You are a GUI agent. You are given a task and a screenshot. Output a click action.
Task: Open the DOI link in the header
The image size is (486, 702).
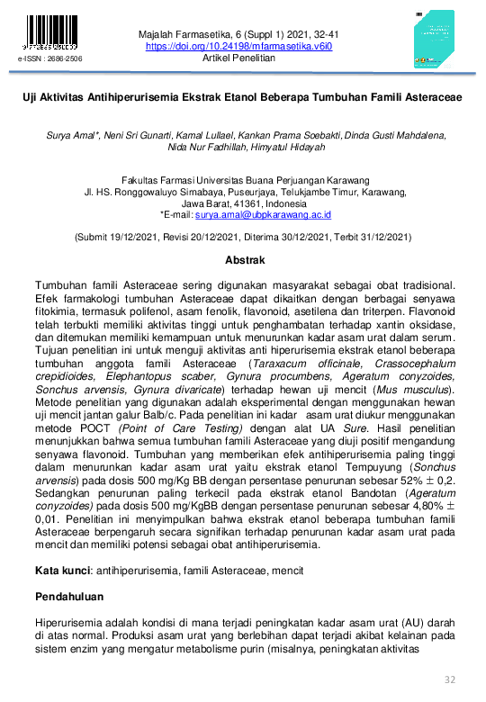click(x=238, y=46)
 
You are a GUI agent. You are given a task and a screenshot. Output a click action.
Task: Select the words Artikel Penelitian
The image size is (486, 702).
click(x=239, y=58)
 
